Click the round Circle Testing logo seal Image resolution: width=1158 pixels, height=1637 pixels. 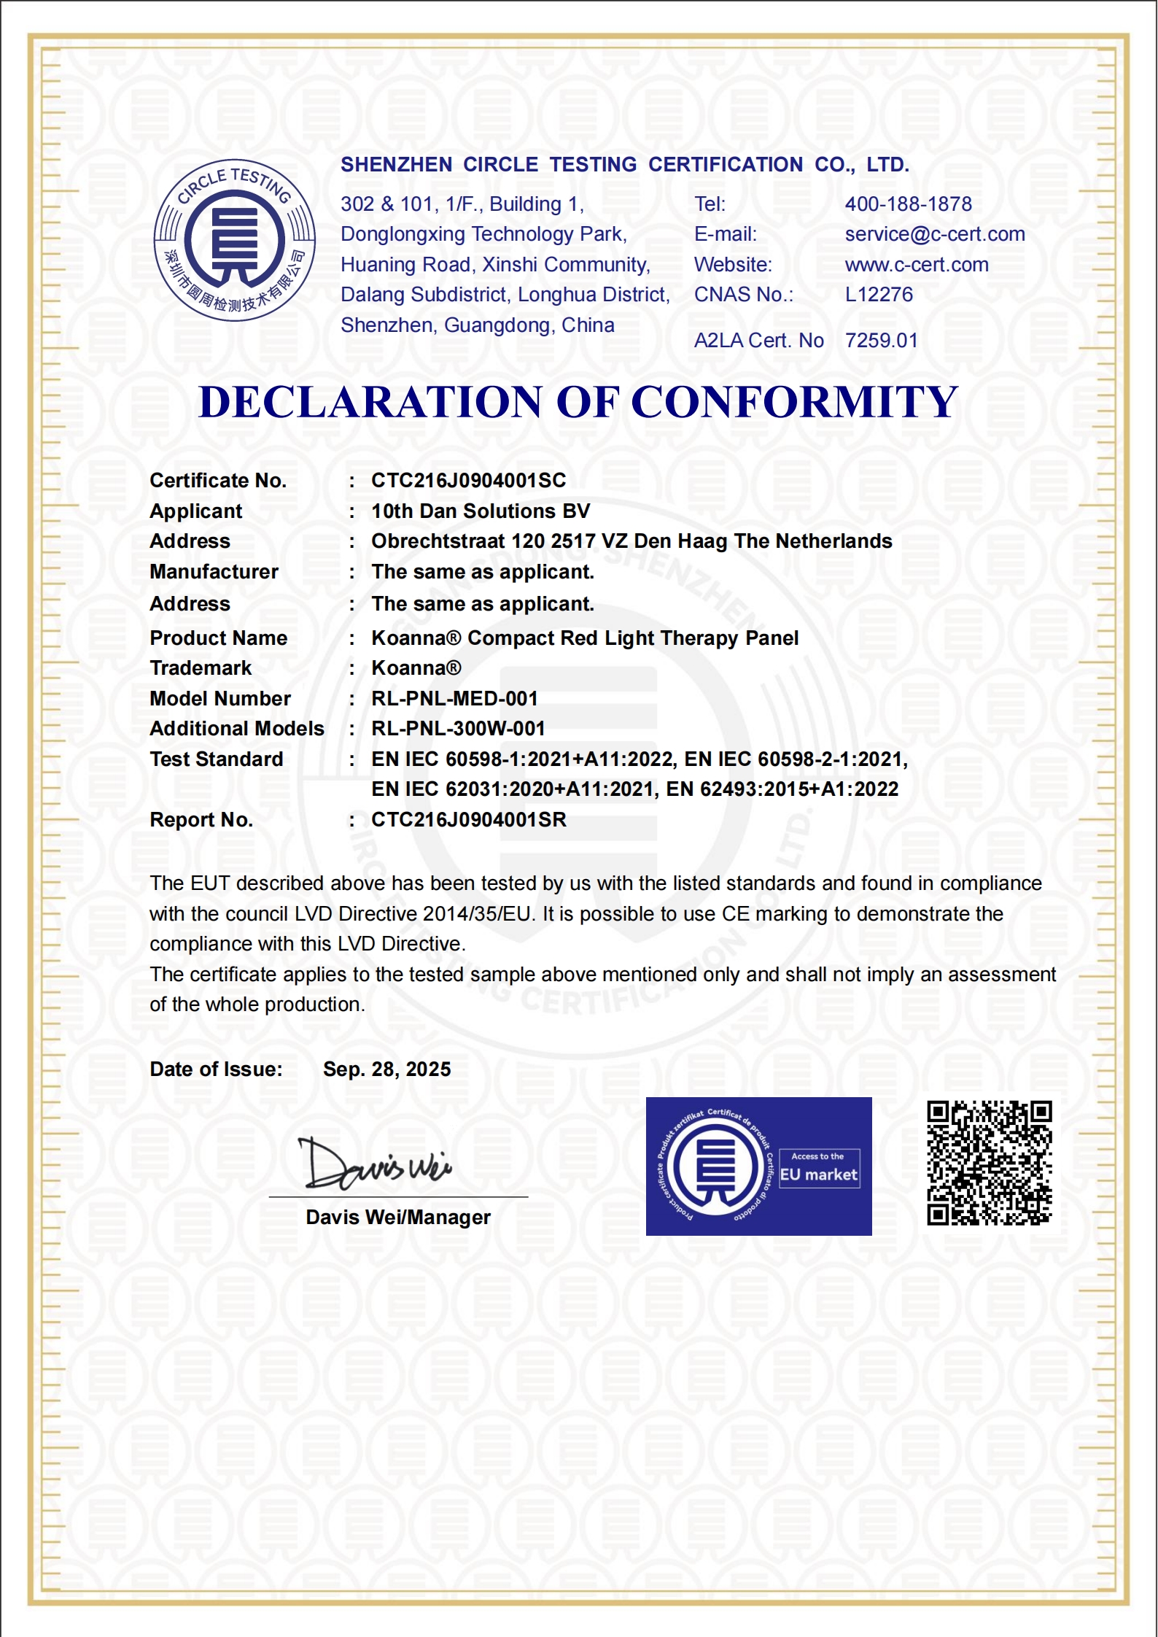click(234, 240)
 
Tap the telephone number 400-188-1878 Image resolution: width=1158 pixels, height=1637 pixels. click(908, 204)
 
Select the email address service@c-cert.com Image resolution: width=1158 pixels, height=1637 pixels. click(934, 234)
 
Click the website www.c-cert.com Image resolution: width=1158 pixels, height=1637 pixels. click(916, 265)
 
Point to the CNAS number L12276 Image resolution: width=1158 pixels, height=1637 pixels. click(878, 295)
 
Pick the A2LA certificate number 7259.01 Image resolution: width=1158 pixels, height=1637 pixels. click(881, 341)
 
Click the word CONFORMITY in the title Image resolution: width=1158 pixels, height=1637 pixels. click(793, 402)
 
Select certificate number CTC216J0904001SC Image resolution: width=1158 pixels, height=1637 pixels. click(468, 481)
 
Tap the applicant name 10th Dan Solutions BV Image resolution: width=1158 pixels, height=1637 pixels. click(481, 511)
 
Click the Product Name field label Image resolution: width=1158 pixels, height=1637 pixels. click(218, 638)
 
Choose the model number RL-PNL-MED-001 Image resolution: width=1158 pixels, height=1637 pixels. click(454, 699)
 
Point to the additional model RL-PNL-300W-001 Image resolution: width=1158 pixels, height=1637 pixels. click(458, 729)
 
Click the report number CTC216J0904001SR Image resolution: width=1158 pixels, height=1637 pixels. click(468, 820)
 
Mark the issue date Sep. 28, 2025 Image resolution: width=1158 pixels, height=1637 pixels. click(386, 1069)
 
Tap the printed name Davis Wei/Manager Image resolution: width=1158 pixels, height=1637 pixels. click(397, 1218)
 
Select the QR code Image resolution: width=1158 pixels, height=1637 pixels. click(989, 1164)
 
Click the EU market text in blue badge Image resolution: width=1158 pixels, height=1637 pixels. click(818, 1174)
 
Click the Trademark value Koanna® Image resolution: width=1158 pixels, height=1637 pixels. click(416, 668)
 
